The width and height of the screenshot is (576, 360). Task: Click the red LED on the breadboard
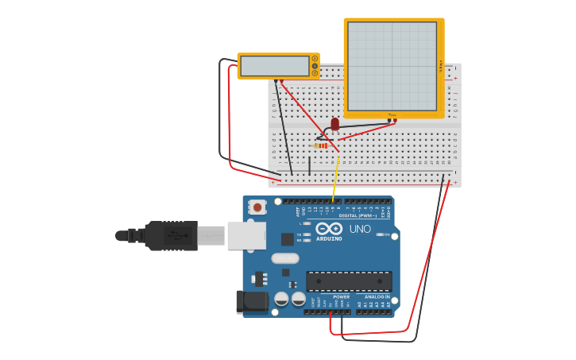point(334,123)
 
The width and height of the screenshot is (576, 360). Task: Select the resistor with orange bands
point(322,145)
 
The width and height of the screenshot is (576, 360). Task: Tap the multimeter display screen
point(274,66)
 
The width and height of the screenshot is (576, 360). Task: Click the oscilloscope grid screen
point(392,66)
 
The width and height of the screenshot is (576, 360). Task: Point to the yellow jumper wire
point(336,179)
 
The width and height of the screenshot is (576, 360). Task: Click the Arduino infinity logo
point(328,229)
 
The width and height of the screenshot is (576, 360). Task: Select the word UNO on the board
point(359,229)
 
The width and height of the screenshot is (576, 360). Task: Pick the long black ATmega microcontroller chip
point(349,281)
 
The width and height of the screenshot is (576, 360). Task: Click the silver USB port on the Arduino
point(246,235)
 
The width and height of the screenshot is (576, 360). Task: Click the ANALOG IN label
point(377,296)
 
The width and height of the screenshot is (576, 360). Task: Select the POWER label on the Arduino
point(341,296)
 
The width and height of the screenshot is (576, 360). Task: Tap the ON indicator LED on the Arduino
point(380,234)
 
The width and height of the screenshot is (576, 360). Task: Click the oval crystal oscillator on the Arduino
point(284,258)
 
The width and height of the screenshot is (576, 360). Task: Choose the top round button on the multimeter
point(315,58)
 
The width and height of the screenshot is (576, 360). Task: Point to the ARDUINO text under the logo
point(329,238)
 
